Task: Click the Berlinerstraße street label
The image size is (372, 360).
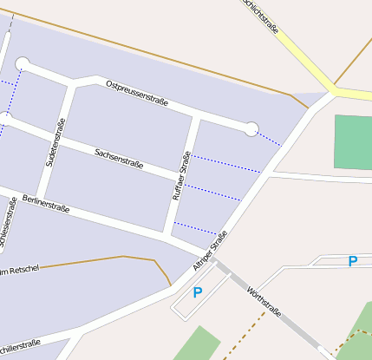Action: [48, 203]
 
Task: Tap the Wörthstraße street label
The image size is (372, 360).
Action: [264, 301]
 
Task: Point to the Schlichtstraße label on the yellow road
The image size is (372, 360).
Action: [262, 16]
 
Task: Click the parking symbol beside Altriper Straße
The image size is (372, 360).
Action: [198, 292]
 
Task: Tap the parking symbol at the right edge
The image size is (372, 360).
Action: [352, 261]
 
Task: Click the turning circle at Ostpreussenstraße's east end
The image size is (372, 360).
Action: [251, 129]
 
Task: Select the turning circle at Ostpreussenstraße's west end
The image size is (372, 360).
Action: [23, 63]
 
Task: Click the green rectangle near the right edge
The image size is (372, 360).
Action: [353, 141]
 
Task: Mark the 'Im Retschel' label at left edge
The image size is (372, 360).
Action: [19, 272]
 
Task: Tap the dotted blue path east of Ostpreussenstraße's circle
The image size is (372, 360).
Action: [271, 138]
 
